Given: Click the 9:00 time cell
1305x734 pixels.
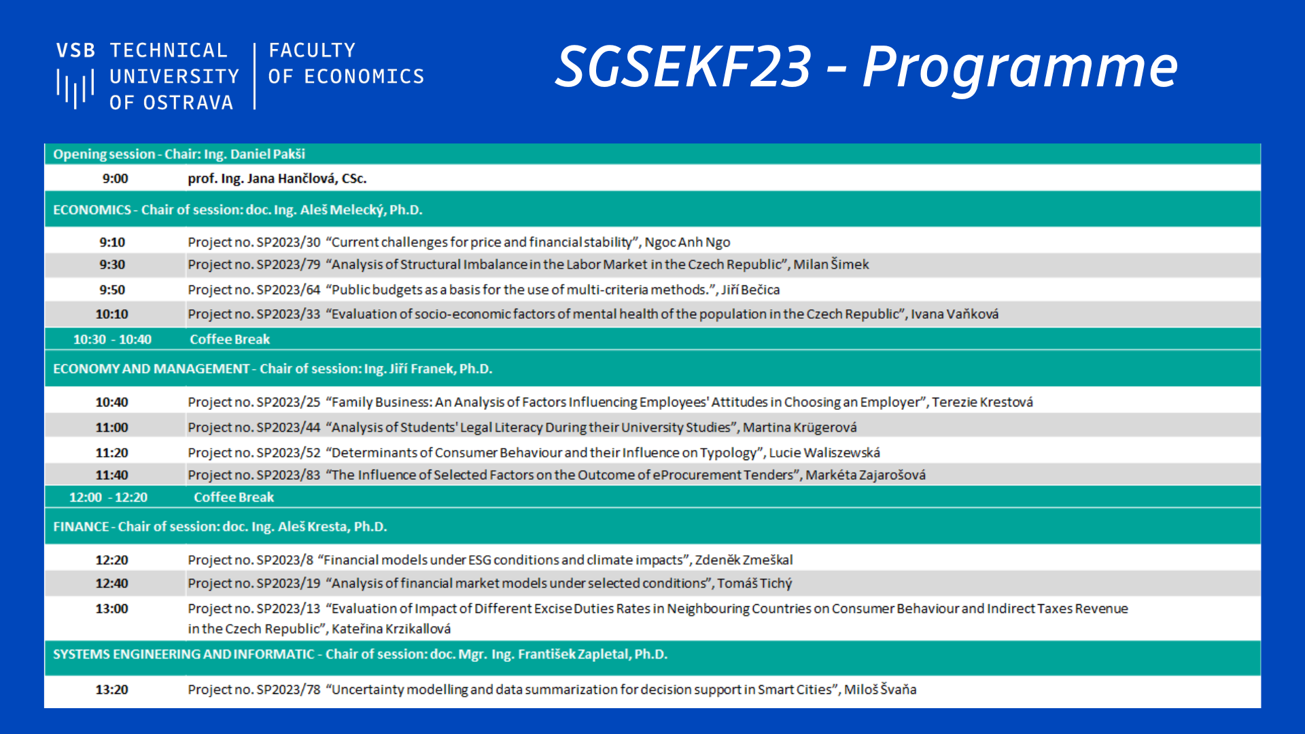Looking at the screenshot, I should (115, 179).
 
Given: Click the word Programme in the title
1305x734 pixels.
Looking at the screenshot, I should (1020, 68).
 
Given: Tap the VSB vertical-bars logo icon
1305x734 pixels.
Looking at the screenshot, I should (75, 88).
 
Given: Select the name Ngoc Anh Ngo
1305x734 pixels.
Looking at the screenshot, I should (687, 243).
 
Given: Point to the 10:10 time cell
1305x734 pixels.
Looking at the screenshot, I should (111, 315).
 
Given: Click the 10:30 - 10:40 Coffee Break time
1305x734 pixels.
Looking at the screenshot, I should (112, 340).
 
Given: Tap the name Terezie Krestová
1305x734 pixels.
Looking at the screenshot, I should (982, 402).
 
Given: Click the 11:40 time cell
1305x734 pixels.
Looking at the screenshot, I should (111, 475).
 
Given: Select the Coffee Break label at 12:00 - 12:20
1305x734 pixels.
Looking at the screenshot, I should (234, 497).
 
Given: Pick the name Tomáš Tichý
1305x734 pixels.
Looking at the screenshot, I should (754, 584).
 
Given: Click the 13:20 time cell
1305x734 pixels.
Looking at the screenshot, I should (111, 690).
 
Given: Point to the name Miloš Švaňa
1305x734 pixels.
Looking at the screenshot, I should (880, 690).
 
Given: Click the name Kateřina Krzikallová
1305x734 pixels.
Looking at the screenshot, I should (391, 629).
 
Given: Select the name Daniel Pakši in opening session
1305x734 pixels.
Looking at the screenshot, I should (268, 154).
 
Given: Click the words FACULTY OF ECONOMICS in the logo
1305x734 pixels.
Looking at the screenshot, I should (345, 64).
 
